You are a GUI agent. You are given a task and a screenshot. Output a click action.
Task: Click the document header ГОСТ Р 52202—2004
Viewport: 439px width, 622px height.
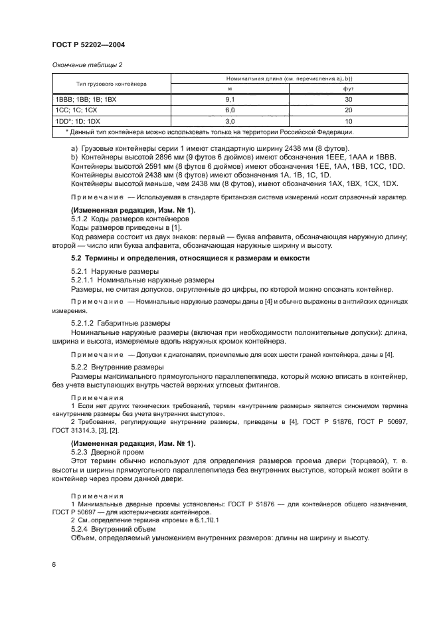coord(88,45)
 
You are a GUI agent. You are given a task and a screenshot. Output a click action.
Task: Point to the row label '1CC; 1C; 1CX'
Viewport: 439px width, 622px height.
coord(76,110)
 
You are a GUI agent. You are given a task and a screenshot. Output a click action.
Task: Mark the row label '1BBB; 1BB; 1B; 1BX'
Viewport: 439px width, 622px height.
coord(85,99)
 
